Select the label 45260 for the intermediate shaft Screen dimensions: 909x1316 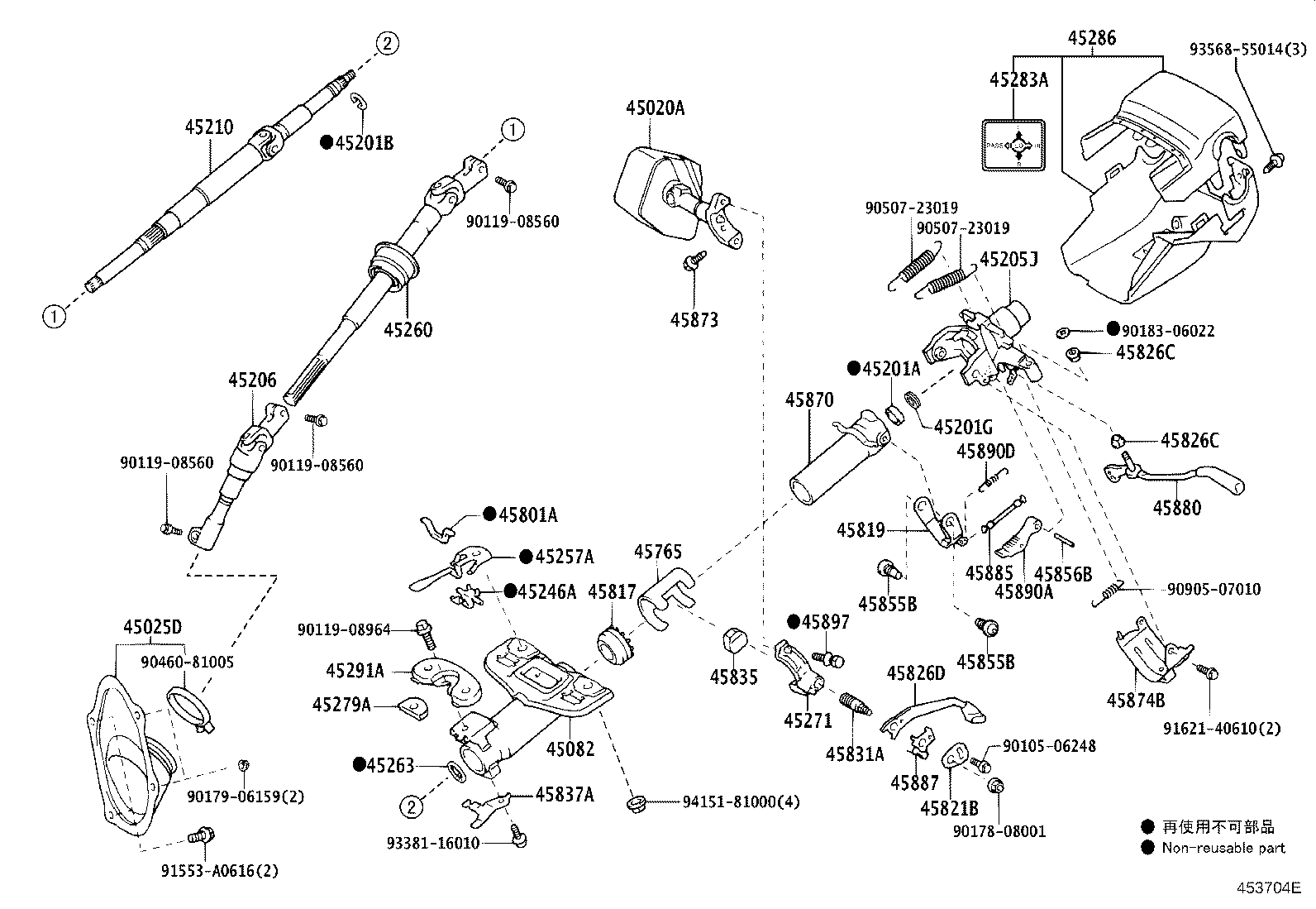coord(408,330)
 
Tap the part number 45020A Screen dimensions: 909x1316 coord(655,108)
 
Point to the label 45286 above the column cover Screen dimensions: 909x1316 coord(1091,37)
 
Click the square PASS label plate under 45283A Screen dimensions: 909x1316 coord(1013,146)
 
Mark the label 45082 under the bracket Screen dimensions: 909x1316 coord(570,749)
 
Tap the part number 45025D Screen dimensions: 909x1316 coord(152,626)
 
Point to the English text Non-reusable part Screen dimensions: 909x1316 coord(1223,847)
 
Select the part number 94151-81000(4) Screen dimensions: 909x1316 coord(741,801)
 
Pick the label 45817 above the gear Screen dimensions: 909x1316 coord(612,591)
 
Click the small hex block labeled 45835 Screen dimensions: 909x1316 coord(735,641)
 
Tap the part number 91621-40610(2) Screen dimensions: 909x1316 coord(1221,728)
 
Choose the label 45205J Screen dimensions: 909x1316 coord(1008,260)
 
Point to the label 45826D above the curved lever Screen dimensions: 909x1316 coord(916,673)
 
